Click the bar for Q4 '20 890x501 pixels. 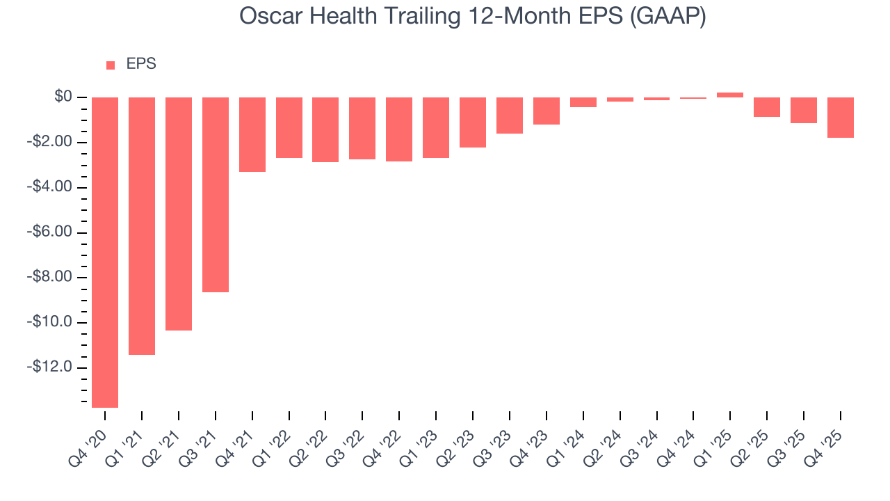click(x=105, y=252)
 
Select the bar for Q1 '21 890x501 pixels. click(x=142, y=225)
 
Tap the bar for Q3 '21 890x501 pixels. click(x=216, y=194)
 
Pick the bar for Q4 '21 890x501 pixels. click(x=252, y=134)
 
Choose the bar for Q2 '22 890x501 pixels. click(x=325, y=129)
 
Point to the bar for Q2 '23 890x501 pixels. click(x=473, y=122)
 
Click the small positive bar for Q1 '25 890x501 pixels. click(x=730, y=95)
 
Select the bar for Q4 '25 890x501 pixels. click(x=840, y=118)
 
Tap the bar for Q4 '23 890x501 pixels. click(x=547, y=111)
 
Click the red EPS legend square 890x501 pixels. click(x=111, y=65)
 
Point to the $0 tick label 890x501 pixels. click(x=64, y=97)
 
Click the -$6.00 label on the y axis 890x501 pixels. click(x=50, y=232)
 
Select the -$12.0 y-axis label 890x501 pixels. click(x=50, y=367)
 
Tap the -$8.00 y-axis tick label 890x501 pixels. click(x=50, y=278)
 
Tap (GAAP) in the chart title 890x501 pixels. click(x=667, y=17)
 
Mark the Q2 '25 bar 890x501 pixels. click(x=767, y=107)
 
